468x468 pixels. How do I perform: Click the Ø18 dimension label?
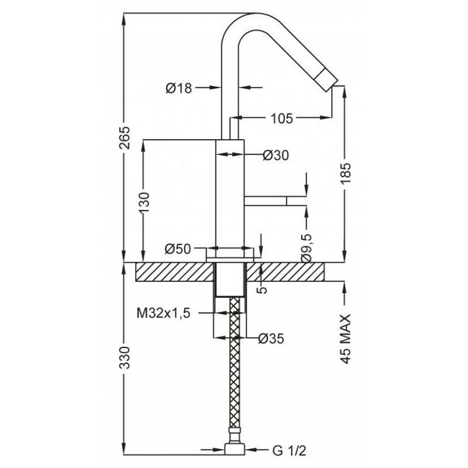point(179,88)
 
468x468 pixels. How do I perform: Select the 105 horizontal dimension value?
point(282,119)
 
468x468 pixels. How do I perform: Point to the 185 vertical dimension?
point(346,174)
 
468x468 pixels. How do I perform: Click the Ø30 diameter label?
point(276,155)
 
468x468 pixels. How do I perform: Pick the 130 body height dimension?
point(143,202)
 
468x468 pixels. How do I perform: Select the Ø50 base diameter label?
point(178,249)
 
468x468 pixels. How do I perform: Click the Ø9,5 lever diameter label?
point(307,248)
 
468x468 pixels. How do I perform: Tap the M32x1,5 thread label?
point(164,314)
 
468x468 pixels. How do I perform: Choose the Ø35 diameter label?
point(271,339)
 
